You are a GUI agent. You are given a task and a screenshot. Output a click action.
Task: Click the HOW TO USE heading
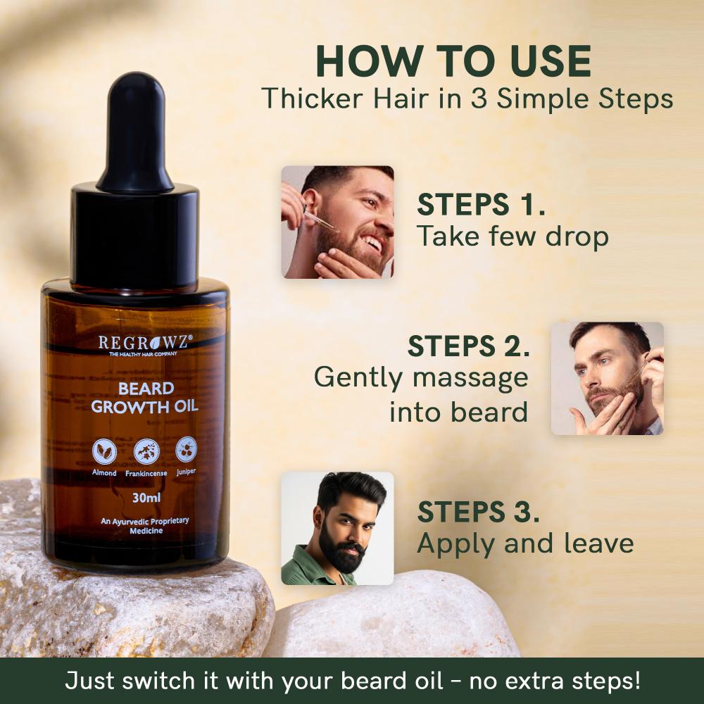pos(453,62)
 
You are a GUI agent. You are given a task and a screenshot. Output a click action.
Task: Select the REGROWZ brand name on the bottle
pos(145,342)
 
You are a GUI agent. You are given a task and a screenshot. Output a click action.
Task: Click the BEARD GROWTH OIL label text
pos(146,398)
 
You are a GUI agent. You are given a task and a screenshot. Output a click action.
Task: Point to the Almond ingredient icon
pos(104,451)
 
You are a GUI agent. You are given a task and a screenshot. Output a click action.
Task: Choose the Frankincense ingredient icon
pos(146,451)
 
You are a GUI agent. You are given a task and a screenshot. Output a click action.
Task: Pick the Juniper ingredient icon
pos(187,449)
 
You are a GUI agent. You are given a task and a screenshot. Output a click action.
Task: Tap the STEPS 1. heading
pos(482,205)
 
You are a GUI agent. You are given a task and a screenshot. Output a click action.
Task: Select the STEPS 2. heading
pos(468,346)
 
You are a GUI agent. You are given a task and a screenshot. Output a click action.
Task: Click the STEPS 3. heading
pos(479,512)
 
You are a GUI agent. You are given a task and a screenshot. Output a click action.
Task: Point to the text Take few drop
pos(513,237)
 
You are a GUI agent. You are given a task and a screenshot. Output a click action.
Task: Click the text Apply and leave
pos(525,543)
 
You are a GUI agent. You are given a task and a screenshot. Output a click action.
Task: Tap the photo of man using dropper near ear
pos(337,222)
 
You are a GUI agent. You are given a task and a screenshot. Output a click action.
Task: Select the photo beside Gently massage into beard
pos(607,378)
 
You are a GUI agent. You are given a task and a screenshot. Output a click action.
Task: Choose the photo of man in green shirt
pos(337,528)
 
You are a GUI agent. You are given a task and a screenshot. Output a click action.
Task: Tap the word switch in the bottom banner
pos(158,681)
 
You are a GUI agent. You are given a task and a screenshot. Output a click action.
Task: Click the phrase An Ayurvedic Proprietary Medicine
pos(144,525)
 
